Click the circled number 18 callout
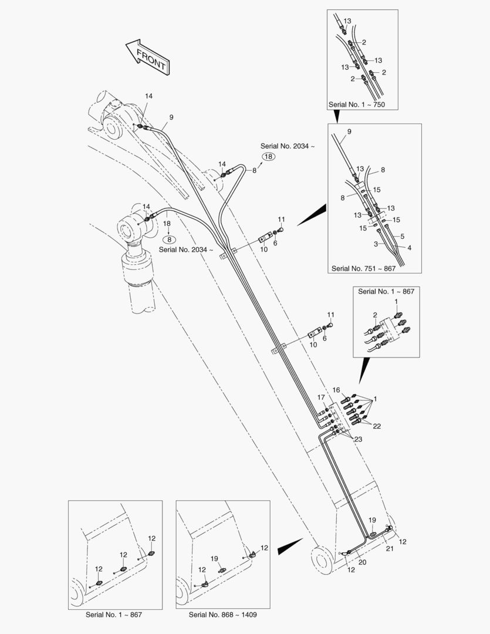pyautogui.click(x=268, y=157)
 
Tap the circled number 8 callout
pyautogui.click(x=170, y=239)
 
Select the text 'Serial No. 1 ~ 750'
pyautogui.click(x=357, y=104)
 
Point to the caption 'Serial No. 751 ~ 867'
pyautogui.click(x=363, y=268)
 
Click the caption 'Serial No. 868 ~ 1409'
pyautogui.click(x=223, y=615)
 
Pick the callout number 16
pyautogui.click(x=336, y=390)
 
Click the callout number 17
pyautogui.click(x=321, y=397)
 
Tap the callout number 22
pyautogui.click(x=377, y=426)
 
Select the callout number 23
pyautogui.click(x=358, y=439)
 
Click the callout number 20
pyautogui.click(x=362, y=562)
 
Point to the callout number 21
pyautogui.click(x=390, y=549)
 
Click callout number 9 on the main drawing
pyautogui.click(x=171, y=117)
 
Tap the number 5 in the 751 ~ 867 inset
pyautogui.click(x=402, y=236)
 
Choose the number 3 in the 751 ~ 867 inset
pyautogui.click(x=376, y=244)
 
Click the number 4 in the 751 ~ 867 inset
pyautogui.click(x=409, y=248)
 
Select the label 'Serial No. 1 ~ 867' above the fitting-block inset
pyautogui.click(x=386, y=291)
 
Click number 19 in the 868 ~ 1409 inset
pyautogui.click(x=214, y=558)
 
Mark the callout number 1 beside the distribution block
pyautogui.click(x=375, y=399)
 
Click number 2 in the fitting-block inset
pyautogui.click(x=375, y=315)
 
